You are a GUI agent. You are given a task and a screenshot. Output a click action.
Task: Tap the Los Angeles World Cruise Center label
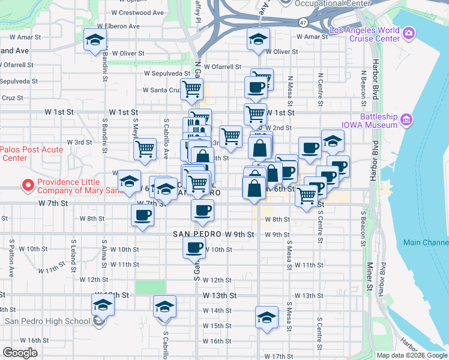[x=364, y=34]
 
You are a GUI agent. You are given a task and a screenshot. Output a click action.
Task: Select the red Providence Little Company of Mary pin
[x=26, y=185]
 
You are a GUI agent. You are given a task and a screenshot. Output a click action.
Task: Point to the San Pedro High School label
[x=47, y=321]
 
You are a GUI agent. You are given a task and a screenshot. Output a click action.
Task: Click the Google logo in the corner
[x=20, y=352]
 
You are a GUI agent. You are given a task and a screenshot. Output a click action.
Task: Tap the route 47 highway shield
[x=303, y=23]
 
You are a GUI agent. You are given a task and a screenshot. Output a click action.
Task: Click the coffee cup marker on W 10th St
[x=194, y=247]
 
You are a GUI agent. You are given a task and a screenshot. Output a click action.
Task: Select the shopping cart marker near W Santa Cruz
[x=192, y=89]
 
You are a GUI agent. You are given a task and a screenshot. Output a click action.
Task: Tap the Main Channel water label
[x=426, y=242]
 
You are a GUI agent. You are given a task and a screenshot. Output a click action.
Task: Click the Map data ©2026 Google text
[x=412, y=355]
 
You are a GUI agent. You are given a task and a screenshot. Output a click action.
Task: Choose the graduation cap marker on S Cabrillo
[x=164, y=307]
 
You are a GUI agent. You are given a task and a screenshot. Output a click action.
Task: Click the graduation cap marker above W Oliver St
[x=258, y=40]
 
